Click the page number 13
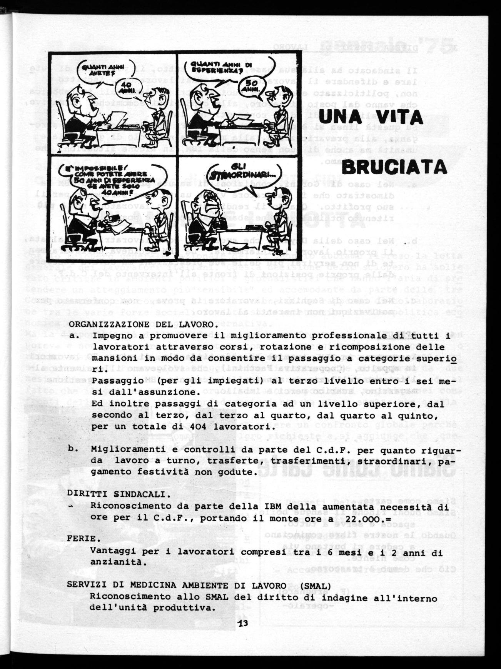pos(244,624)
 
